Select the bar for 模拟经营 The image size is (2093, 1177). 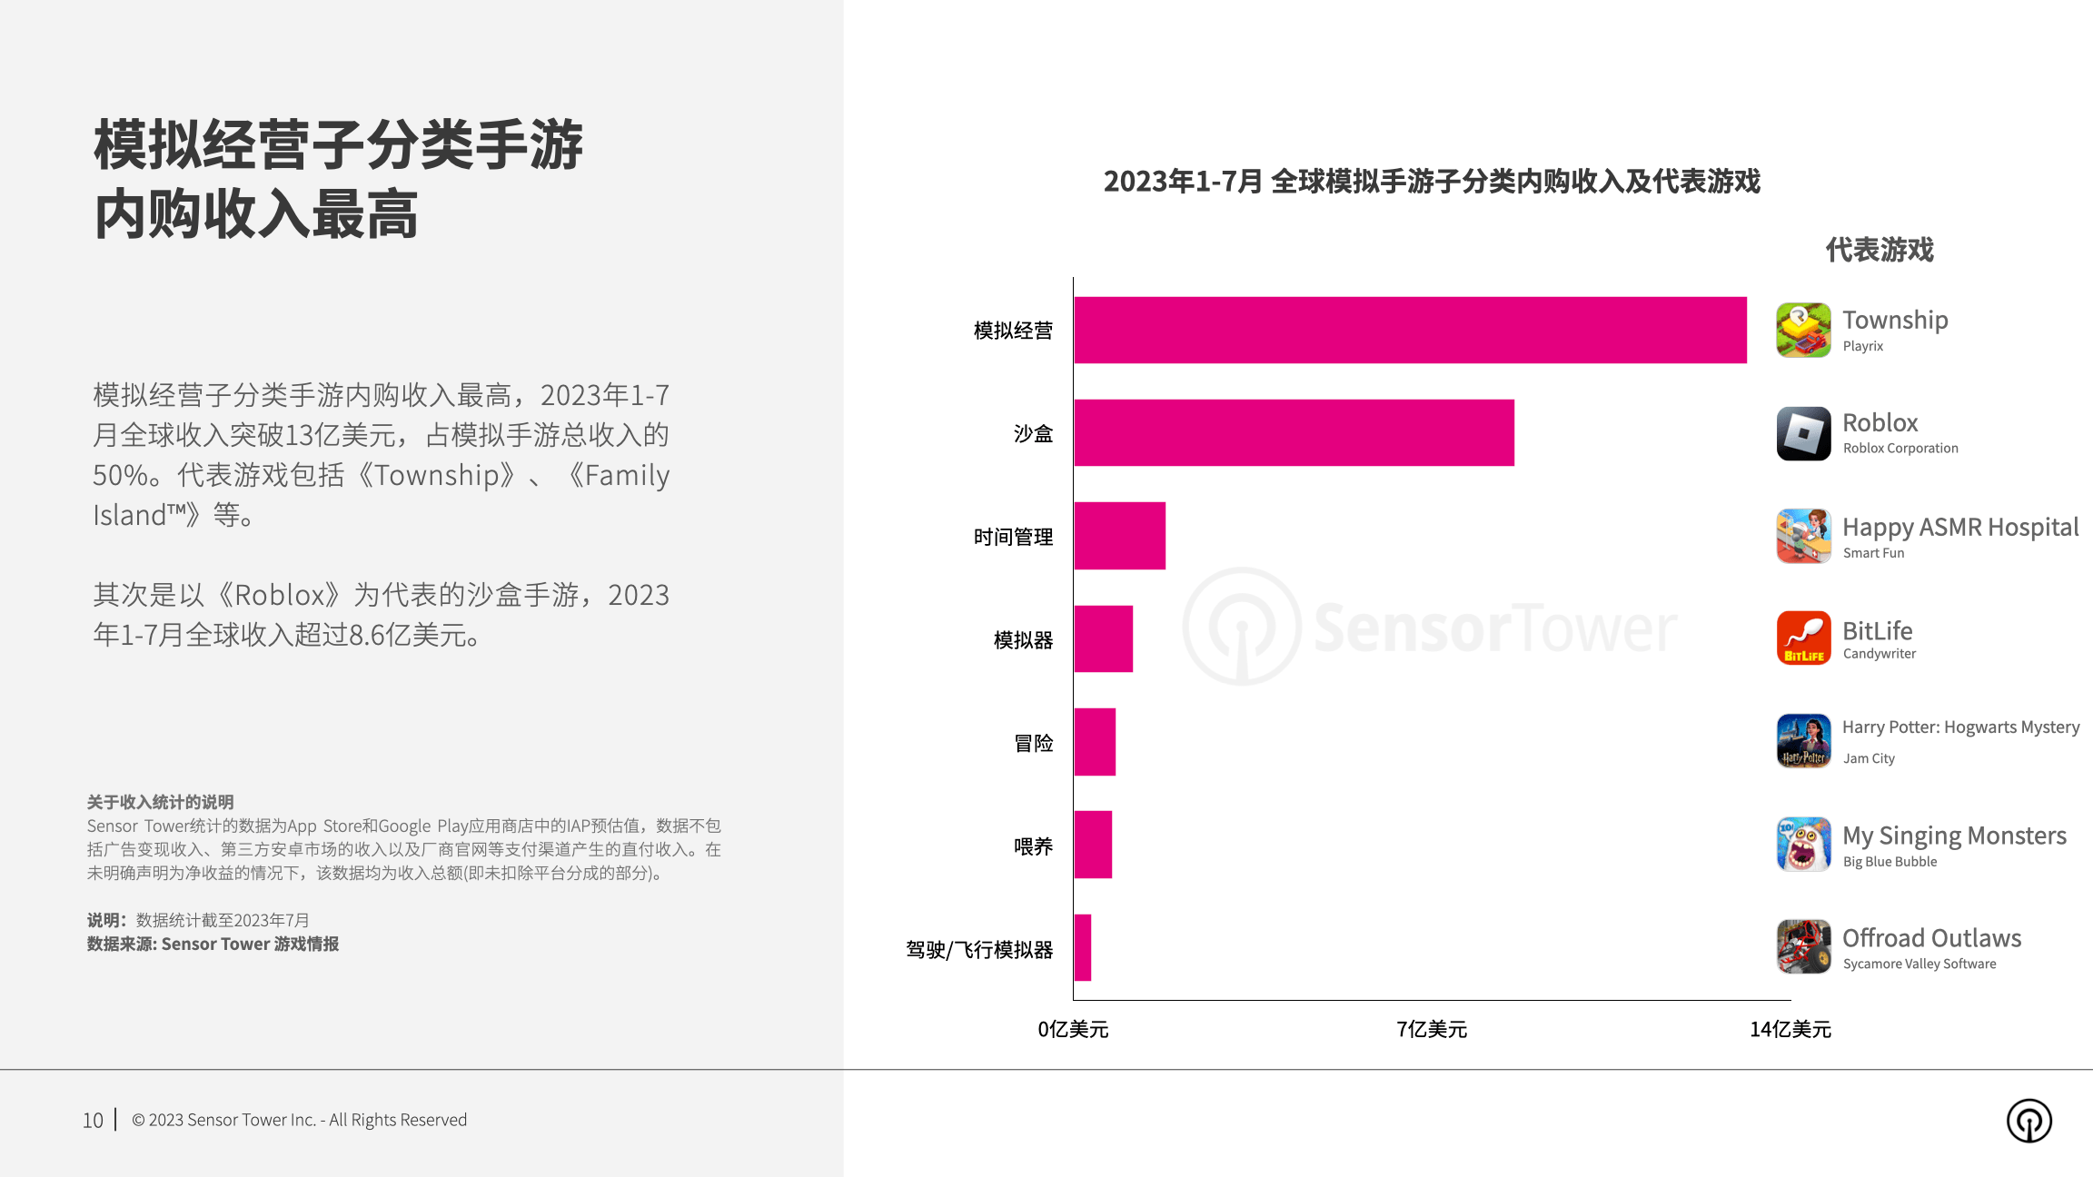pyautogui.click(x=1410, y=330)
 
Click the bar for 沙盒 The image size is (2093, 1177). pyautogui.click(x=1294, y=433)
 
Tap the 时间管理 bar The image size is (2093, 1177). pyautogui.click(x=1119, y=536)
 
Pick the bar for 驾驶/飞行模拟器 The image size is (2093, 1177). pyautogui.click(x=1083, y=948)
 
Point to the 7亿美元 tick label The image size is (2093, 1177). pyautogui.click(x=1432, y=1029)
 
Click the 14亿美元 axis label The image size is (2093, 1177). pyautogui.click(x=1790, y=1029)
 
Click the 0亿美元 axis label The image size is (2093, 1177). pyautogui.click(x=1073, y=1029)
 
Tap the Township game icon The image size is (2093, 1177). pyautogui.click(x=1803, y=331)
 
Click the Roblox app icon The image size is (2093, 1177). pyautogui.click(x=1803, y=433)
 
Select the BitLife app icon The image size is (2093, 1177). pyautogui.click(x=1803, y=638)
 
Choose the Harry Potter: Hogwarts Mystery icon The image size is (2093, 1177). pyautogui.click(x=1803, y=741)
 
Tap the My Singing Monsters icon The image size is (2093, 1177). pyautogui.click(x=1803, y=844)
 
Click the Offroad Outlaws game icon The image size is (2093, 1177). pyautogui.click(x=1803, y=946)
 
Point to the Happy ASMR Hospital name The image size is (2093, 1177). pyautogui.click(x=1959, y=527)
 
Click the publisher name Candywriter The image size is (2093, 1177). pyautogui.click(x=1879, y=654)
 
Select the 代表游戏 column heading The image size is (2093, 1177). pyautogui.click(x=1880, y=250)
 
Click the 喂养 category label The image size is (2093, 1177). pyautogui.click(x=1033, y=846)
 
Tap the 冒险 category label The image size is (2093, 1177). pyautogui.click(x=1033, y=743)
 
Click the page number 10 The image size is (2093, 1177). pyautogui.click(x=93, y=1121)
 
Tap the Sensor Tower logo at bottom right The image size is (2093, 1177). pyautogui.click(x=2029, y=1121)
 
